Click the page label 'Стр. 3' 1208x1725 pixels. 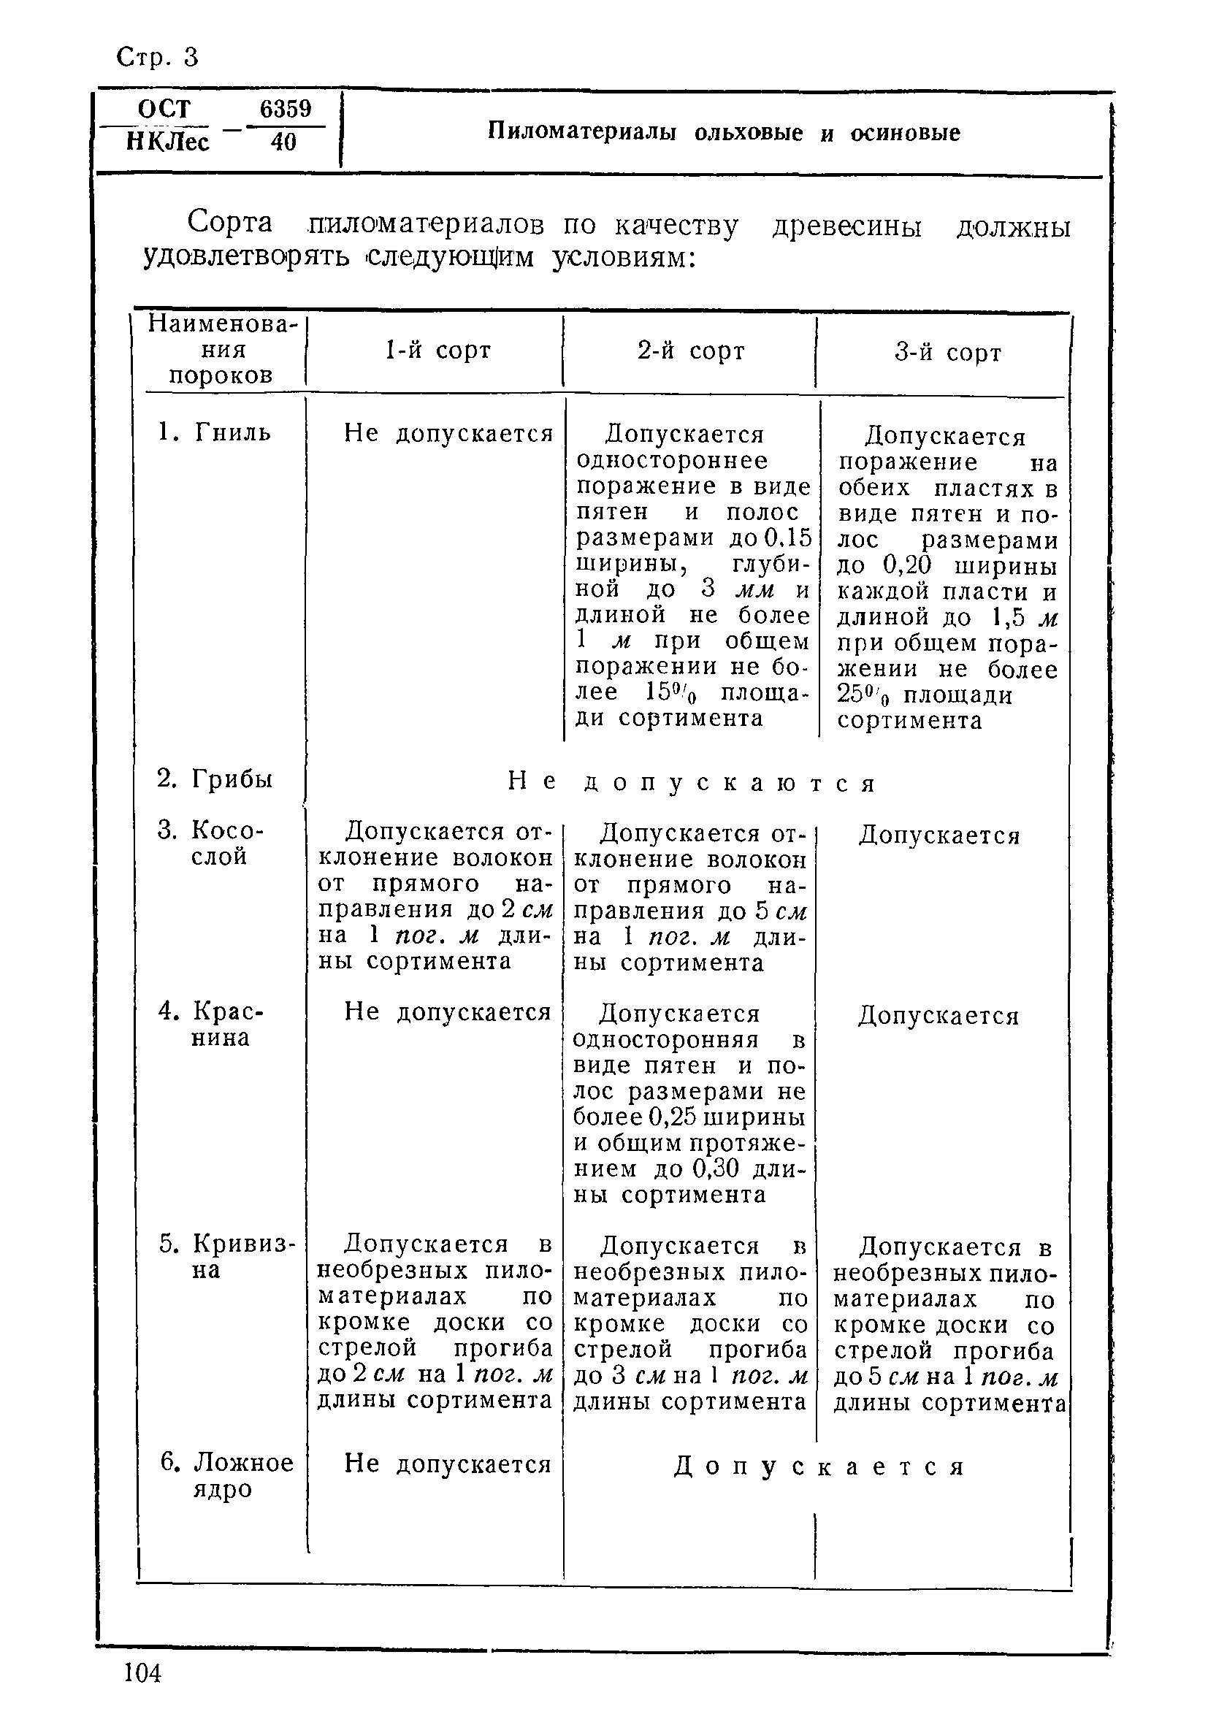tap(158, 57)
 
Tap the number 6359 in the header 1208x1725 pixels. tap(286, 109)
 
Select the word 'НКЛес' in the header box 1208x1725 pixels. tap(168, 142)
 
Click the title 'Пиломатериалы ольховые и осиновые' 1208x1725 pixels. tap(724, 133)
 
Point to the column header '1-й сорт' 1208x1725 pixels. tap(437, 350)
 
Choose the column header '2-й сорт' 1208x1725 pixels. tap(690, 350)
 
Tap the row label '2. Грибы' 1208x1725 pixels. tap(214, 779)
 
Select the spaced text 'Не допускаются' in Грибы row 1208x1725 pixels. tap(692, 783)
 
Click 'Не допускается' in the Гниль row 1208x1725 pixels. tap(448, 434)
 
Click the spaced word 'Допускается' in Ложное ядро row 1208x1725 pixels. tap(818, 1466)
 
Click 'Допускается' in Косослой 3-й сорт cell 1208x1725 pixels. tap(939, 835)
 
